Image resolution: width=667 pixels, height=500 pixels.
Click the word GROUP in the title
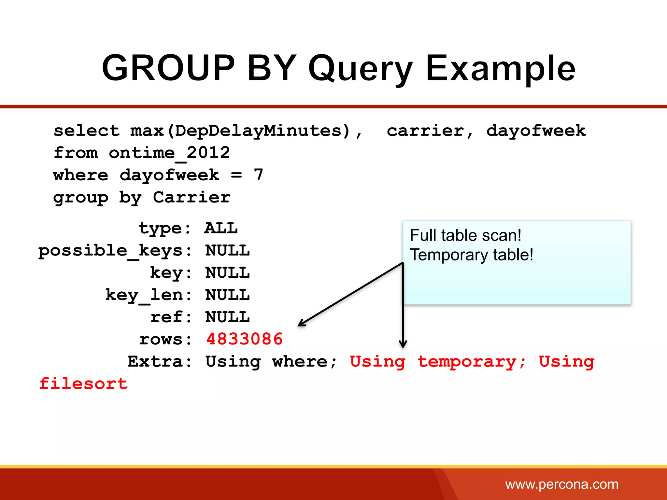tap(168, 68)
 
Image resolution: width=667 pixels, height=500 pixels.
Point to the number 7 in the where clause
tap(258, 175)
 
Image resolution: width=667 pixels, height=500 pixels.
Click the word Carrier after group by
tap(192, 197)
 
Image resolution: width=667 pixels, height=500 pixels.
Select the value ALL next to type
tap(221, 229)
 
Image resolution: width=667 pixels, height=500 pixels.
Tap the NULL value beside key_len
tap(227, 295)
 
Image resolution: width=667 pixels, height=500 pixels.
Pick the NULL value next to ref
tap(227, 317)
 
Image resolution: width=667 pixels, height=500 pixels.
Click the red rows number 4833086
tap(244, 340)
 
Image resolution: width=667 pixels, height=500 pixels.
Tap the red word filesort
tap(83, 384)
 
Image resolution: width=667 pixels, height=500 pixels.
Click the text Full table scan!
tap(465, 235)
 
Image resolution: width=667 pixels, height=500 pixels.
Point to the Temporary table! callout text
tap(471, 255)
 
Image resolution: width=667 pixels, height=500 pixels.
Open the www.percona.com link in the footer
tap(561, 485)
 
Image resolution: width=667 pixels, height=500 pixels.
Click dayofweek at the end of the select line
tap(536, 131)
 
